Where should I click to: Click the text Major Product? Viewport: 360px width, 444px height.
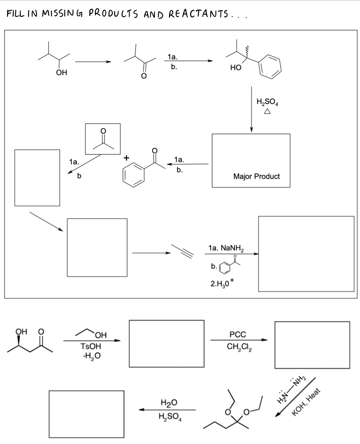(256, 176)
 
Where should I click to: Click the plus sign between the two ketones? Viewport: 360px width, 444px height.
(126, 158)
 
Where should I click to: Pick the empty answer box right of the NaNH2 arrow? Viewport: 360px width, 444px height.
(306, 254)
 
